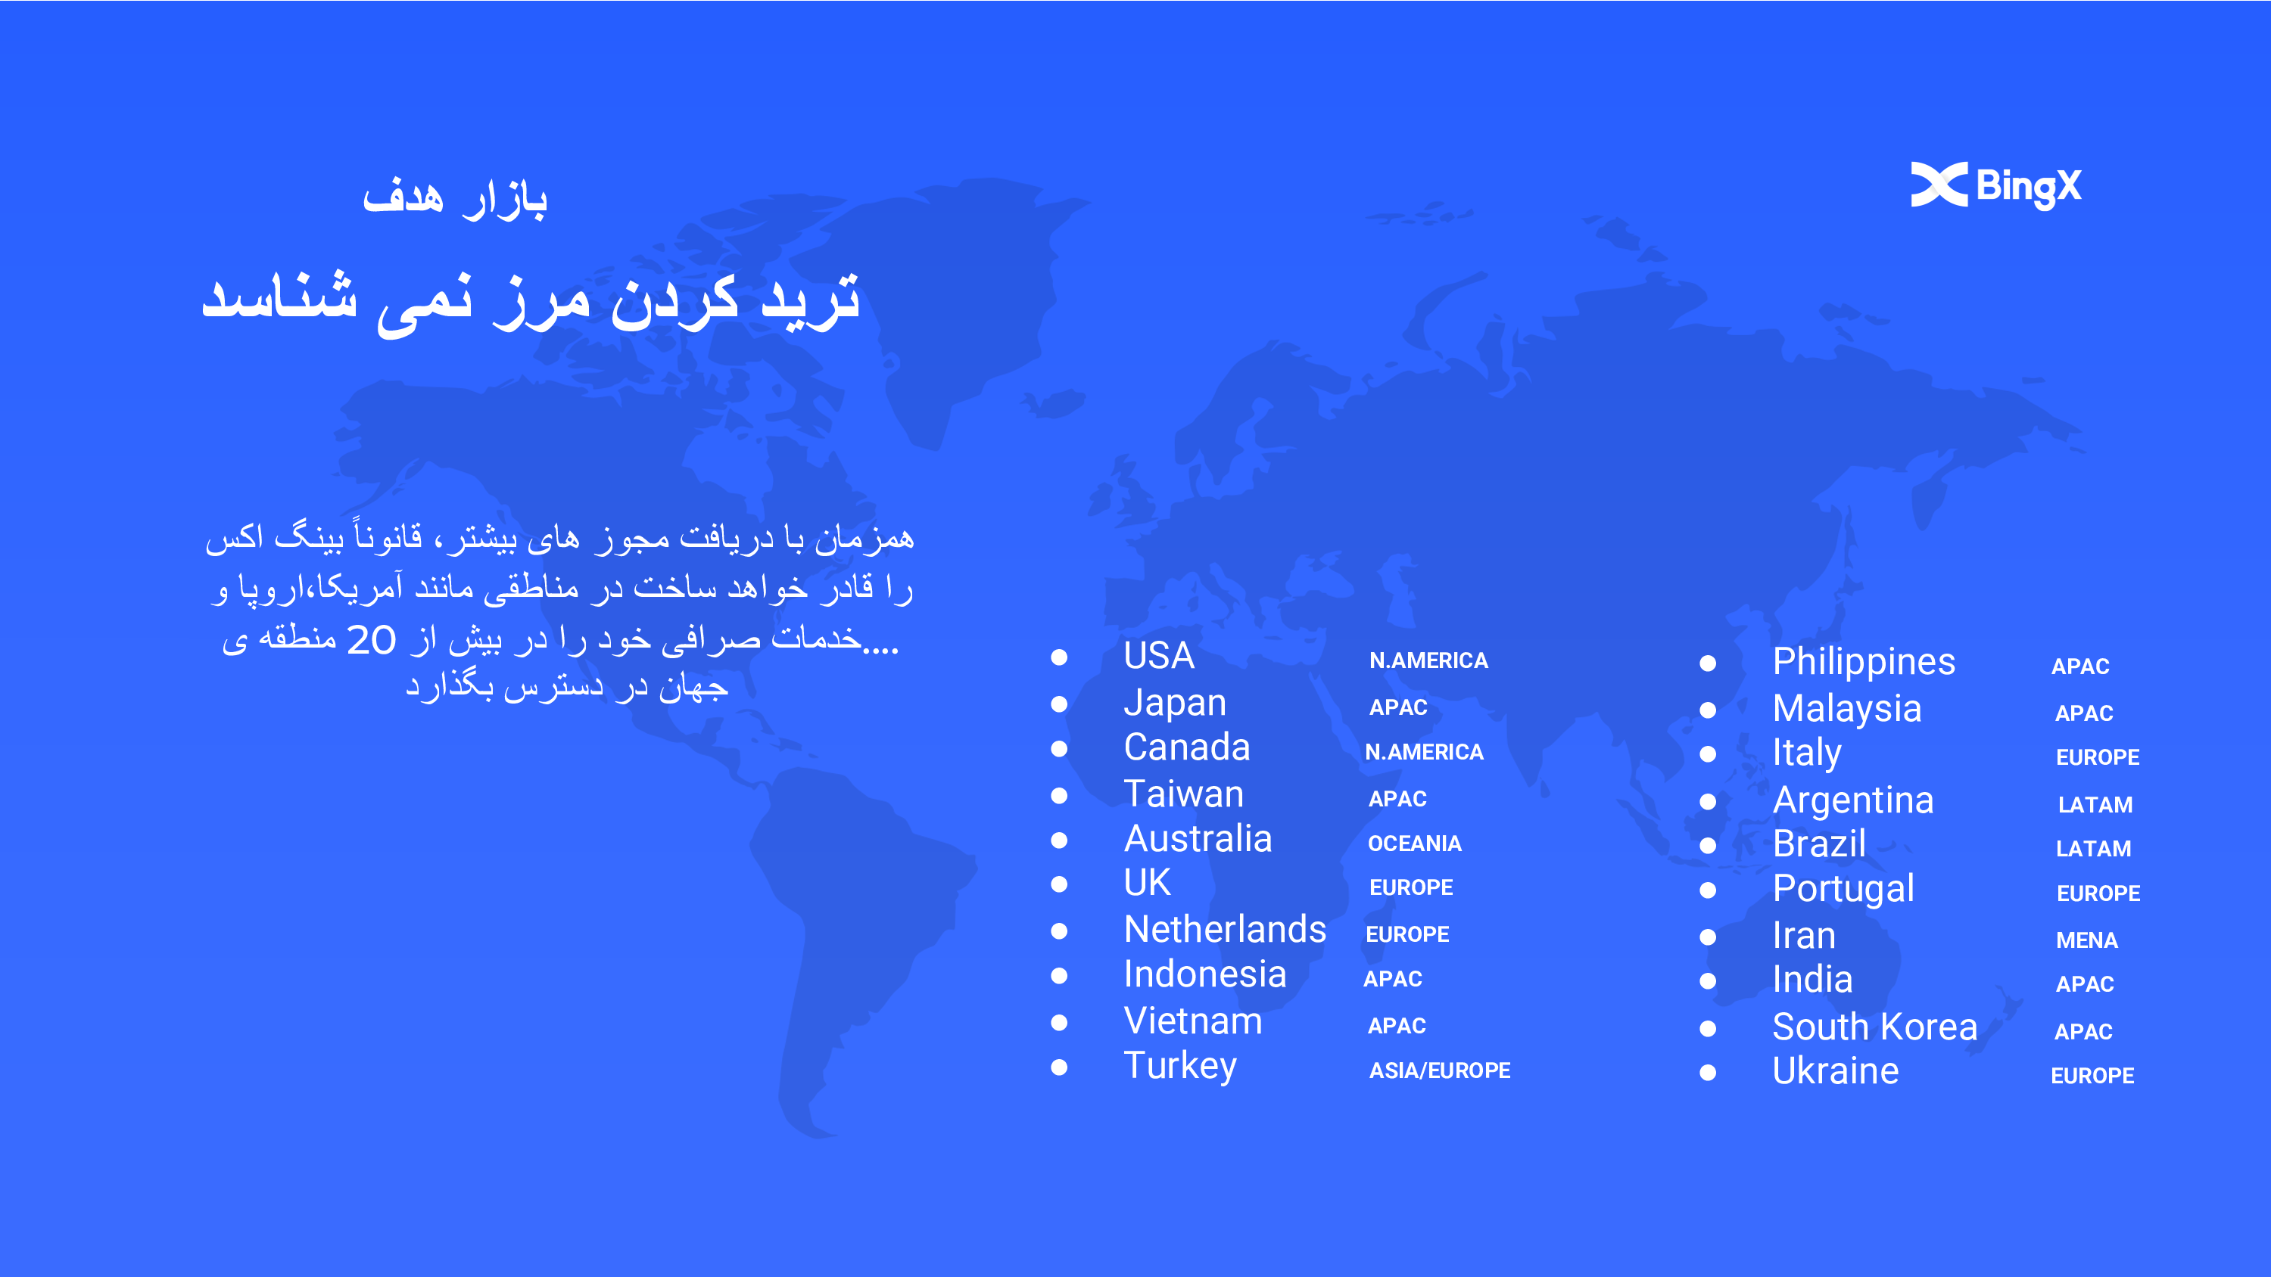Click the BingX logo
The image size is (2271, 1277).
[x=1996, y=185]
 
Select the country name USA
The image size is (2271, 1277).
[x=1158, y=656]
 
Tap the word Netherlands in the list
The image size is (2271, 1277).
[x=1225, y=930]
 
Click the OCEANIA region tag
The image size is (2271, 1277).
[x=1414, y=844]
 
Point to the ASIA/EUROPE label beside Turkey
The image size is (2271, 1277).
[x=1440, y=1070]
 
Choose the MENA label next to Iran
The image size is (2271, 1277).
[x=2087, y=940]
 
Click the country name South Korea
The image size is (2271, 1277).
[x=1875, y=1027]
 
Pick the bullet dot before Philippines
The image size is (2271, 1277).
[x=1708, y=663]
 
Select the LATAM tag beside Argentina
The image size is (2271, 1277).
[x=2095, y=805]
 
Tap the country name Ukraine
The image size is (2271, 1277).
[x=1836, y=1070]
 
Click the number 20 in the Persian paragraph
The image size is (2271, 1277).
[x=371, y=640]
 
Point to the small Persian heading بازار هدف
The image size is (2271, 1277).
[x=455, y=197]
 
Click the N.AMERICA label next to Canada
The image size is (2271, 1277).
[x=1424, y=752]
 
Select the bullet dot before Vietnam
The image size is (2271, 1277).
[x=1060, y=1022]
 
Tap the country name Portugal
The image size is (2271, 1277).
[x=1843, y=889]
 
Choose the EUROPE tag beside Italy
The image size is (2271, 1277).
[x=2098, y=757]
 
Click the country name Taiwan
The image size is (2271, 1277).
[x=1184, y=794]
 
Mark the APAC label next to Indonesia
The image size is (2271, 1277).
[x=1393, y=978]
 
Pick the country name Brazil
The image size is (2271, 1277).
[x=1819, y=844]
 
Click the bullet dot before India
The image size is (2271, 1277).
[x=1708, y=981]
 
